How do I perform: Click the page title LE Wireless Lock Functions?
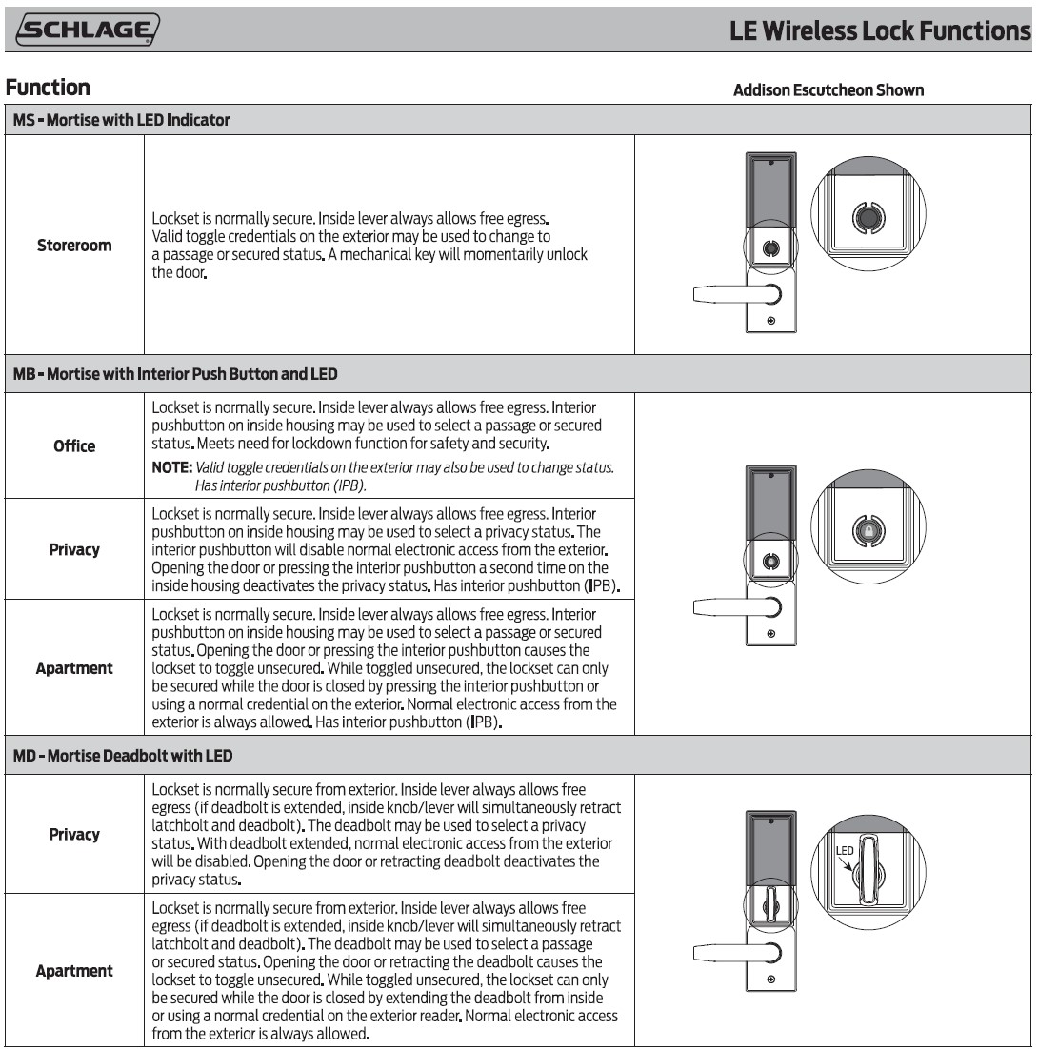click(x=880, y=30)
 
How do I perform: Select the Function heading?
click(x=48, y=88)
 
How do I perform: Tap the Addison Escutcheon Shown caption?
click(x=828, y=90)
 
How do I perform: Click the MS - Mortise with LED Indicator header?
click(x=121, y=120)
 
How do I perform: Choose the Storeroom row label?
click(x=74, y=246)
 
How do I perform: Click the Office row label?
click(x=74, y=445)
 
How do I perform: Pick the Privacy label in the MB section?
click(x=74, y=549)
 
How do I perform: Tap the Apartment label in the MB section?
click(x=74, y=668)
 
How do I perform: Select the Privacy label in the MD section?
click(x=74, y=834)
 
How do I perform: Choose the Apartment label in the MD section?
click(x=74, y=971)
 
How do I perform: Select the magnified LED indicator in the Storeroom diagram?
click(x=866, y=218)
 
